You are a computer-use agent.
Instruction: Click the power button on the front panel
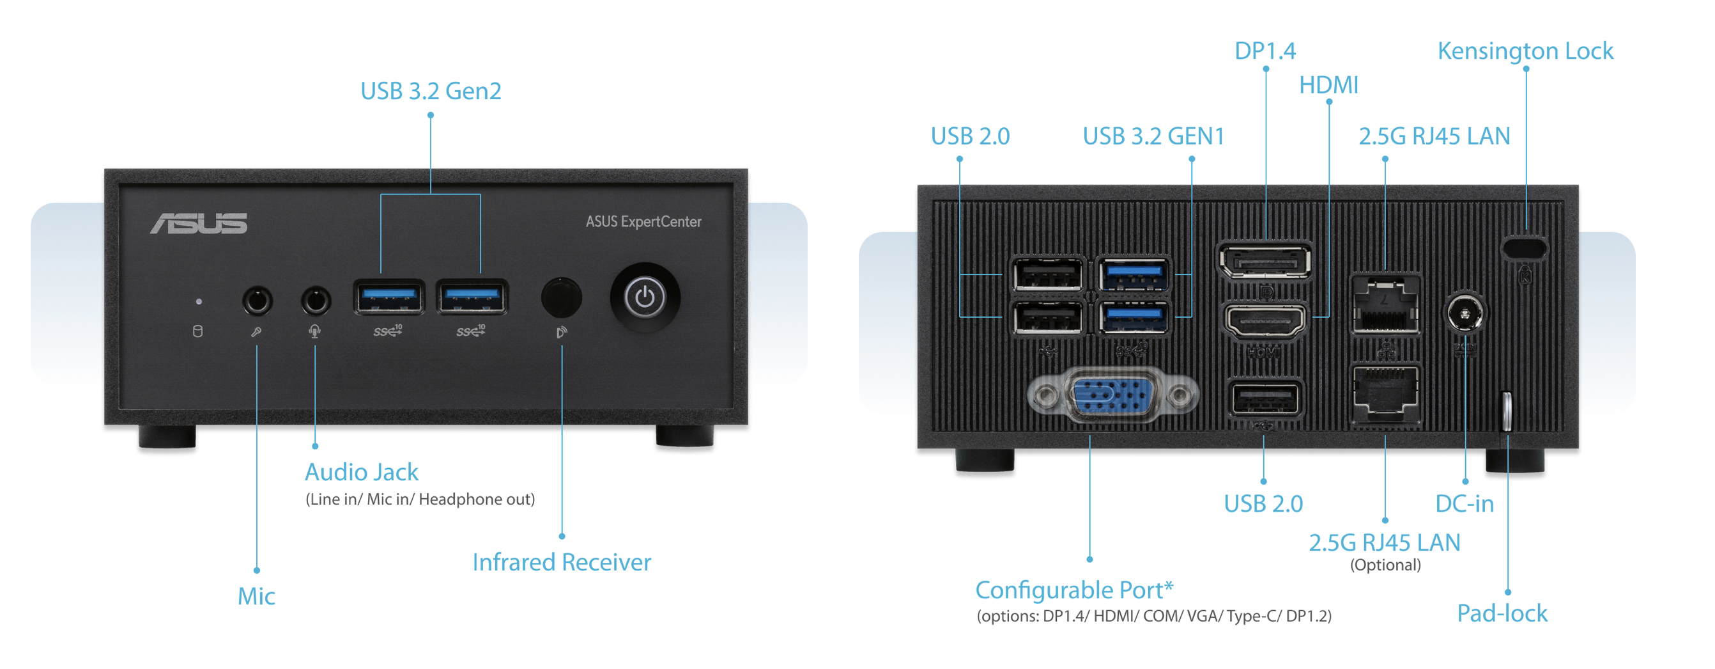tap(645, 297)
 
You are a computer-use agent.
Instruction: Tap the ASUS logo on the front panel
tap(198, 224)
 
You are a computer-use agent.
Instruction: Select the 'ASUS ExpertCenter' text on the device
tap(643, 222)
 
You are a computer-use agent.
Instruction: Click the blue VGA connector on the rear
tap(1112, 397)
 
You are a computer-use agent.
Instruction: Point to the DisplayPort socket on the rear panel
tap(1265, 261)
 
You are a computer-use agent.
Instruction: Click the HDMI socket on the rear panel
tap(1265, 321)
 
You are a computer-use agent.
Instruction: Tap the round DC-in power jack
tap(1465, 312)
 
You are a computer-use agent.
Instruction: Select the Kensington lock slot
tap(1525, 248)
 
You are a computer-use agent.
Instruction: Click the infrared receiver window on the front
tap(561, 297)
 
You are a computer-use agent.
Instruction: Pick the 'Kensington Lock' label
tap(1525, 51)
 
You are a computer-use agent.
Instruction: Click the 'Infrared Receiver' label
tap(561, 562)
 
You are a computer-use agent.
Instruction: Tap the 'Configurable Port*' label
tap(1074, 590)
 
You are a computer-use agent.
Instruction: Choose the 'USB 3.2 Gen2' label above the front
tap(431, 91)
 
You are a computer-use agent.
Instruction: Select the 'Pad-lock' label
tap(1502, 613)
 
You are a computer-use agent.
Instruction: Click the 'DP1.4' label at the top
tap(1265, 51)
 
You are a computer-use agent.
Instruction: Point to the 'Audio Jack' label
tap(362, 473)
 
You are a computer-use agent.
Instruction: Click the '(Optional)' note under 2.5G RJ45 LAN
tap(1385, 565)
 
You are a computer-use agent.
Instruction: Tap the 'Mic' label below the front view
tap(256, 596)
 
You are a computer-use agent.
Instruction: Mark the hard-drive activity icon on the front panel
tap(197, 331)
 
